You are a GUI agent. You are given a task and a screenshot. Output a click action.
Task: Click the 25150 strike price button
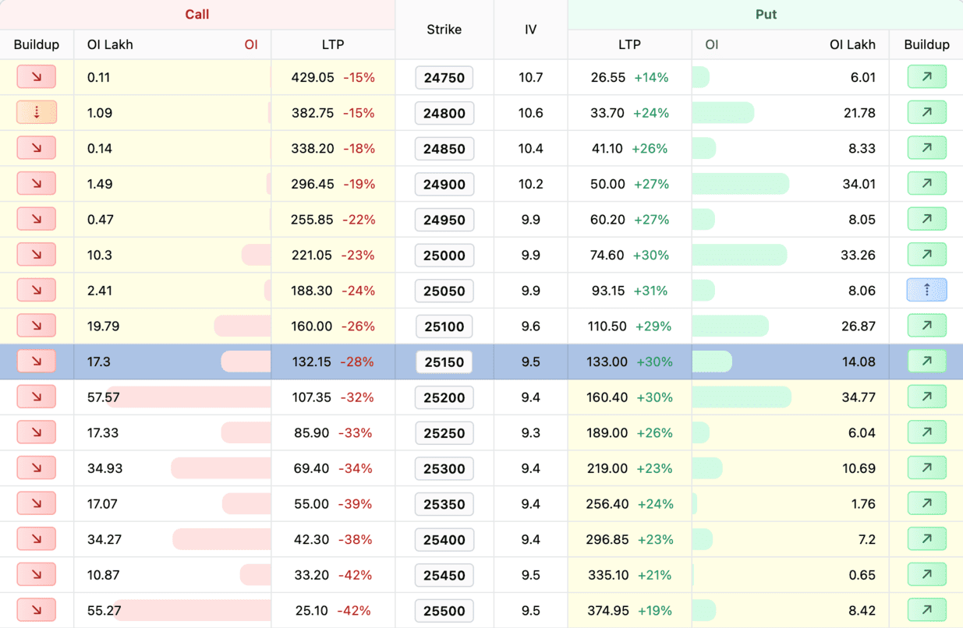(x=444, y=362)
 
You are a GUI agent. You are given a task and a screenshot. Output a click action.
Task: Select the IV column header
(x=530, y=30)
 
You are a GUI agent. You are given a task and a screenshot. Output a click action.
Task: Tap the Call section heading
(x=197, y=15)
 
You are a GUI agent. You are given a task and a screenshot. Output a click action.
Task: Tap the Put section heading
(x=766, y=15)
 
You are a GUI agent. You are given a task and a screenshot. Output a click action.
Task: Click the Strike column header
(x=444, y=30)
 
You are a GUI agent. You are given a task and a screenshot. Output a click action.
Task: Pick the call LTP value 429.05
(x=313, y=78)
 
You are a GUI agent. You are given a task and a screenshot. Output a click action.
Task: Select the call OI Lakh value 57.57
(x=104, y=397)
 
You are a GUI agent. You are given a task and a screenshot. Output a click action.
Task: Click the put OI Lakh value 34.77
(x=859, y=397)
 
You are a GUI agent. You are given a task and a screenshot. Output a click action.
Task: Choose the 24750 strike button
(x=444, y=78)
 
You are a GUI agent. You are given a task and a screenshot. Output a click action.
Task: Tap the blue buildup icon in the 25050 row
(x=926, y=291)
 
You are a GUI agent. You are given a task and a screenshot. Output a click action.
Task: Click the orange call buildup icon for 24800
(x=37, y=113)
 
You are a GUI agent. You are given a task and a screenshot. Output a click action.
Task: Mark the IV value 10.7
(x=530, y=78)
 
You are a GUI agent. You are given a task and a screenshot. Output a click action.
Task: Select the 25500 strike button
(x=444, y=611)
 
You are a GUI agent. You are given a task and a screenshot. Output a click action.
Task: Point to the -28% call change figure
(x=358, y=362)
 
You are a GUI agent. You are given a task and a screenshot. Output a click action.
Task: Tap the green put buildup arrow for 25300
(x=926, y=468)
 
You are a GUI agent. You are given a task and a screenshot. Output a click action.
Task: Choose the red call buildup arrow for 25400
(x=37, y=539)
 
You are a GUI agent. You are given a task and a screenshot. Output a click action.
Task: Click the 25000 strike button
(x=444, y=256)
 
